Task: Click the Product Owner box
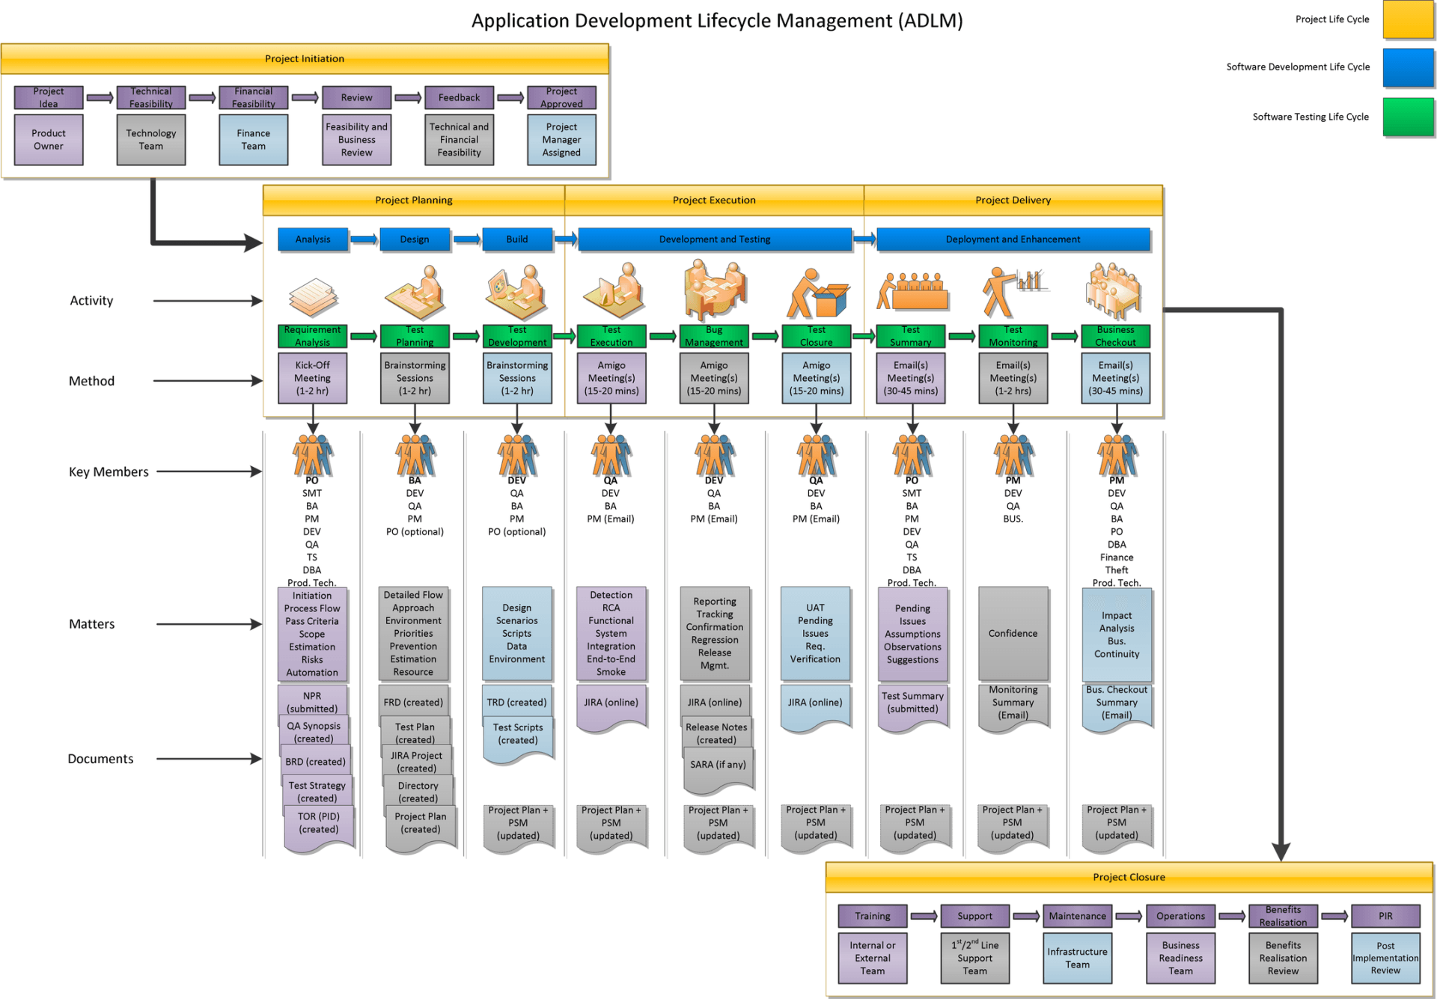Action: tap(49, 140)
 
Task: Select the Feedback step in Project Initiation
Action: tap(459, 97)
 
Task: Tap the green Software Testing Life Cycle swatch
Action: tap(1409, 117)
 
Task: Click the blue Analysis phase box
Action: tap(313, 239)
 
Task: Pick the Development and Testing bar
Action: tap(715, 239)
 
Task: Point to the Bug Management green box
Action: tap(714, 336)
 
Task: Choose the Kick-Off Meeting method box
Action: tap(312, 378)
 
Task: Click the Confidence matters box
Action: tap(1013, 634)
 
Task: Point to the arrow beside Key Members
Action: tap(210, 471)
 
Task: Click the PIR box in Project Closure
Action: tap(1385, 916)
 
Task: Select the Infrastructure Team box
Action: tap(1077, 958)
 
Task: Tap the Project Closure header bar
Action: tap(1129, 877)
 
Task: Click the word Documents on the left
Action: tap(100, 759)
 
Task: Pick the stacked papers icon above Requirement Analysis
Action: tap(313, 297)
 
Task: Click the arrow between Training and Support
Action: tap(924, 916)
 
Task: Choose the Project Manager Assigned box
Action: tap(561, 140)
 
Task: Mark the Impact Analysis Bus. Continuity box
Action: tap(1117, 635)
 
